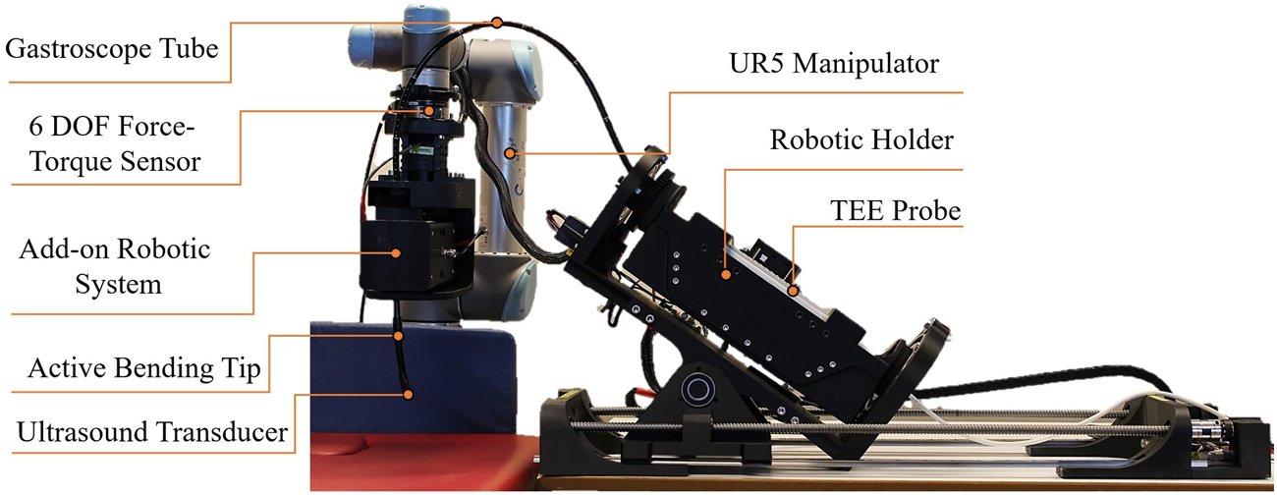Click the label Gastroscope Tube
tap(111, 47)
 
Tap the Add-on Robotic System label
tap(115, 266)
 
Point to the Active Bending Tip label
tap(143, 369)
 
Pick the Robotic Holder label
tap(861, 140)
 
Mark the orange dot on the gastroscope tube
tap(497, 22)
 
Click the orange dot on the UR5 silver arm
tap(509, 153)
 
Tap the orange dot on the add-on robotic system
tap(397, 252)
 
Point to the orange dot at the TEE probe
tap(792, 290)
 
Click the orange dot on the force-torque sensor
tap(428, 111)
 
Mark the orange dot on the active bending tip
tap(399, 336)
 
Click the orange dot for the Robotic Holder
tap(726, 275)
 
